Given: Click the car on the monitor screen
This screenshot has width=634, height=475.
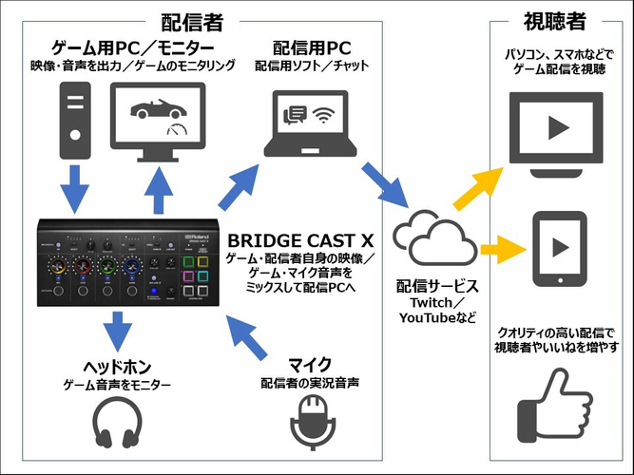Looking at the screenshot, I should pyautogui.click(x=156, y=112).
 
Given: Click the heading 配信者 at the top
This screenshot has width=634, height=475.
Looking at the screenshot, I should pyautogui.click(x=196, y=18).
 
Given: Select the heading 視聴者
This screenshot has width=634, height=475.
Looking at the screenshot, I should pyautogui.click(x=554, y=18).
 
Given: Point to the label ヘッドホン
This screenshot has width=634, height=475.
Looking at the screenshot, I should pyautogui.click(x=116, y=366).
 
